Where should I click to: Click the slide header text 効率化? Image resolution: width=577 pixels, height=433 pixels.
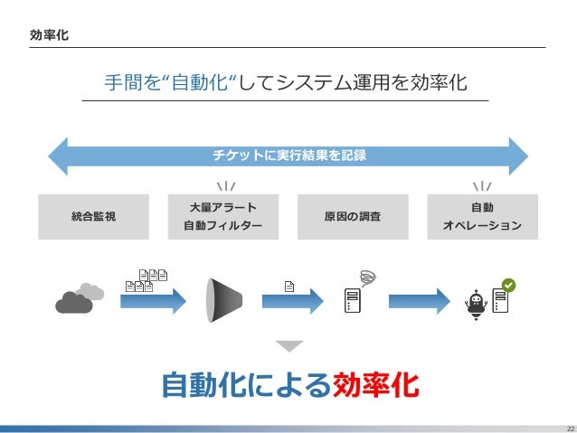pos(49,35)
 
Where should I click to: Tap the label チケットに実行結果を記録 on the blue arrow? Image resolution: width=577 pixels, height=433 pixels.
pos(288,155)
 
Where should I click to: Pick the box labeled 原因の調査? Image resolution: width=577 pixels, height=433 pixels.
pos(352,216)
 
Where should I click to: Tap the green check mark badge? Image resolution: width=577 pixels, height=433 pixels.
pos(508,284)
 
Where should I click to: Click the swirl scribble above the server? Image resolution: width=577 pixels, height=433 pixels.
pos(367,275)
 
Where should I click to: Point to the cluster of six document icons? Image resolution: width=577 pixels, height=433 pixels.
pos(148,280)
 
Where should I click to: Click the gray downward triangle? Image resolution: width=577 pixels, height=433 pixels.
pos(288,345)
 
